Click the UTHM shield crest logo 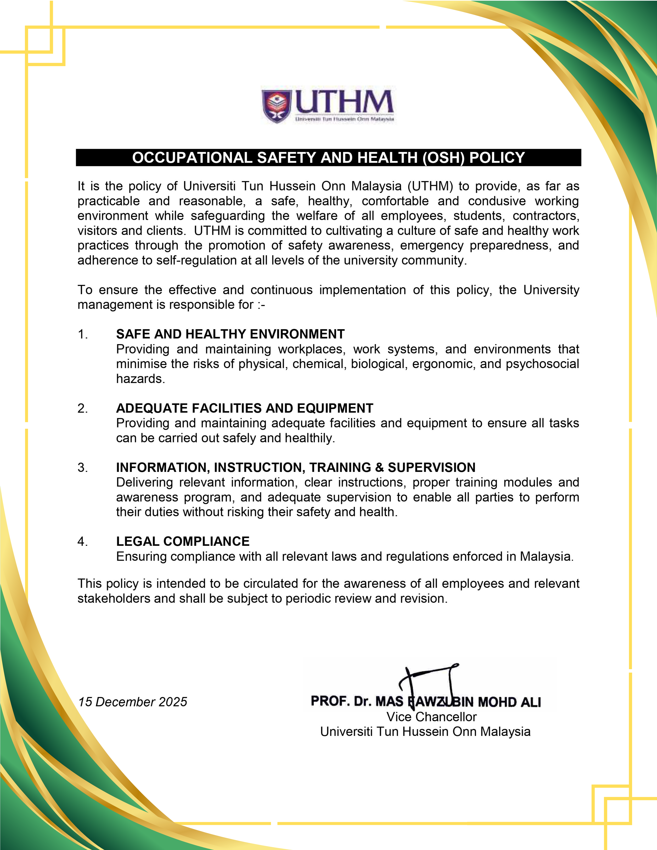click(x=277, y=106)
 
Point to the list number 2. click(x=82, y=408)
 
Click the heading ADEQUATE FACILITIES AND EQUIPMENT click(x=244, y=408)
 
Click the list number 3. click(x=82, y=467)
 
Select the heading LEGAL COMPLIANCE click(x=183, y=541)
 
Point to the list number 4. click(x=82, y=541)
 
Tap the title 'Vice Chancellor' click(x=431, y=717)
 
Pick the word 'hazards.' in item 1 click(x=141, y=379)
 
